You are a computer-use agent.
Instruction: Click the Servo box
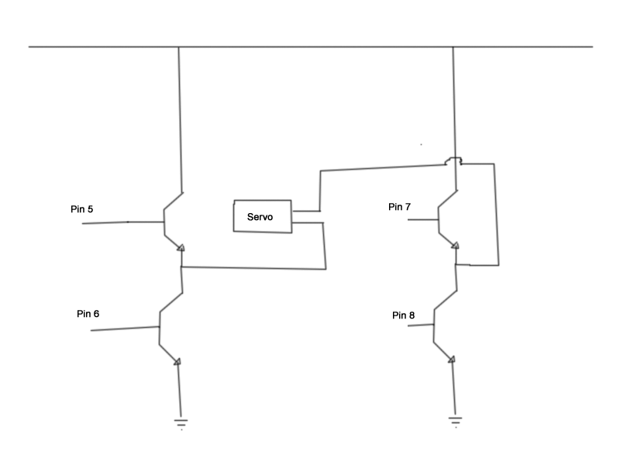[263, 216]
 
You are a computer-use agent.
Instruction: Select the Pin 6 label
[88, 314]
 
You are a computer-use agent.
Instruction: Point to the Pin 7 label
[400, 207]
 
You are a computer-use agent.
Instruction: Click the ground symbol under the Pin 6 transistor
[181, 422]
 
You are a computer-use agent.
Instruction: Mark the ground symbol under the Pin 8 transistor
[455, 421]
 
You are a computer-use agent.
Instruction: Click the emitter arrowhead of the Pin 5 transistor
[181, 248]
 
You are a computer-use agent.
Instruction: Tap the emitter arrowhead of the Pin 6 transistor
[177, 361]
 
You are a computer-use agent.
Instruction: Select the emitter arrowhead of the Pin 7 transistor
[456, 246]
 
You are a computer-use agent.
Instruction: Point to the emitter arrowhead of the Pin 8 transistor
[452, 358]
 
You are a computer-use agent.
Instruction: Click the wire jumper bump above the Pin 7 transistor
[453, 161]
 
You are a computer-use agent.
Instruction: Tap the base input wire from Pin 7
[422, 219]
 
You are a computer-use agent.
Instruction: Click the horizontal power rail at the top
[310, 47]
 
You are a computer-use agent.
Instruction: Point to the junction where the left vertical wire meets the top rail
[179, 47]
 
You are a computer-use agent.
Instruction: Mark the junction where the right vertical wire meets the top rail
[453, 47]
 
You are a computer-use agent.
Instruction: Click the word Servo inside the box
[260, 218]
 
